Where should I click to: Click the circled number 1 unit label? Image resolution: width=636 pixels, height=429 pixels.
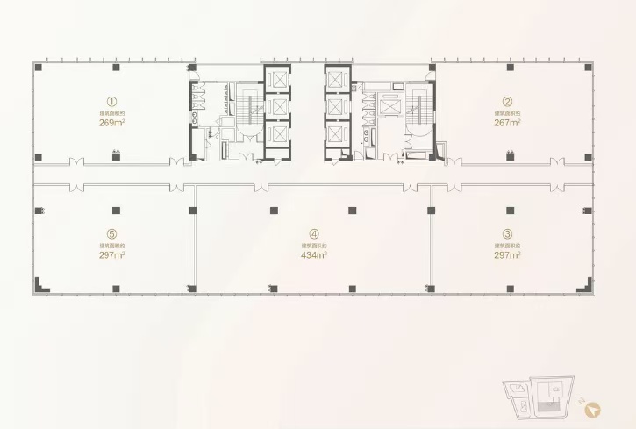click(x=112, y=101)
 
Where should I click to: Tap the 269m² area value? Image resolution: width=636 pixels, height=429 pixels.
click(x=112, y=124)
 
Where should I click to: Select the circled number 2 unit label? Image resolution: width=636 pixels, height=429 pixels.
click(x=507, y=101)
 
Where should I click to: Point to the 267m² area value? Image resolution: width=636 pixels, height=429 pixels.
click(x=507, y=124)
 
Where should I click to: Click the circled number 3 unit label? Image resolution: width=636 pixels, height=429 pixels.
click(x=507, y=233)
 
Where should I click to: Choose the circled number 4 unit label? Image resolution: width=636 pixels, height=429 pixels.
click(x=313, y=233)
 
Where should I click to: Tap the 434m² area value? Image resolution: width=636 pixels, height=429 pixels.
click(x=313, y=255)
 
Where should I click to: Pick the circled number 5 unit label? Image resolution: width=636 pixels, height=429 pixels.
click(x=112, y=233)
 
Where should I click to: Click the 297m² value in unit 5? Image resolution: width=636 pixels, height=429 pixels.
click(x=112, y=255)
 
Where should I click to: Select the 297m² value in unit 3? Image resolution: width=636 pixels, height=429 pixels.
click(x=507, y=255)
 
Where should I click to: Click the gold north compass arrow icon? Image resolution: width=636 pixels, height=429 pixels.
click(x=594, y=409)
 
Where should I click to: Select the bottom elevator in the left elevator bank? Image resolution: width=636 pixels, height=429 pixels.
click(x=276, y=135)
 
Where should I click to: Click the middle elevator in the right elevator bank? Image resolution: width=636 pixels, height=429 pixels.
click(x=337, y=107)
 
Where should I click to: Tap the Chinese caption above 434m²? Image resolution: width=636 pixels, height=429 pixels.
click(x=313, y=246)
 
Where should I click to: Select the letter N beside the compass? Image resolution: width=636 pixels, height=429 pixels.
click(x=582, y=400)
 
